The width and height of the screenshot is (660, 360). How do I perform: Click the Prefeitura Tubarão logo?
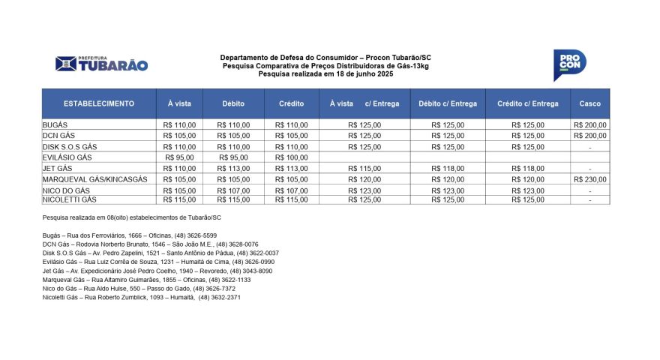click(x=101, y=64)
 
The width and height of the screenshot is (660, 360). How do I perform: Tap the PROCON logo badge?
click(x=569, y=65)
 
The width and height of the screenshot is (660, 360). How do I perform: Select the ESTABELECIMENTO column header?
click(x=99, y=103)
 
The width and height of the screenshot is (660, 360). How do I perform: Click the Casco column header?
click(x=590, y=103)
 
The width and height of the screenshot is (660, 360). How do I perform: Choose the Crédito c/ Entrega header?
click(x=528, y=103)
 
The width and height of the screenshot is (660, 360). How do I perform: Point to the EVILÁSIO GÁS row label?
click(x=67, y=157)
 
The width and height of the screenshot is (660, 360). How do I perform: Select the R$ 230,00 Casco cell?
click(x=590, y=180)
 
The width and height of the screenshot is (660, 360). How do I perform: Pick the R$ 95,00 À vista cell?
click(x=179, y=157)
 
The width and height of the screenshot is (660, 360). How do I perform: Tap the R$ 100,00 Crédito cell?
click(x=292, y=157)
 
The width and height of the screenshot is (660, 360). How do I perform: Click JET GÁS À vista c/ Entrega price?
click(x=365, y=169)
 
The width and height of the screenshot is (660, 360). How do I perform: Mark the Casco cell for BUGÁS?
click(x=590, y=125)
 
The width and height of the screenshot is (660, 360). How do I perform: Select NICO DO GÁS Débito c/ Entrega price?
click(x=448, y=191)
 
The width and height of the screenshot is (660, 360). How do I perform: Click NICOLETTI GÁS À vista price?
click(x=179, y=200)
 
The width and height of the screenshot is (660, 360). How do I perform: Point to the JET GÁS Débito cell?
click(x=233, y=169)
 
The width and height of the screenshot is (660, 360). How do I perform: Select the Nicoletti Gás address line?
click(x=142, y=298)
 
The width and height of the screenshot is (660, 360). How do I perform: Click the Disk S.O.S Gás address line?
click(x=160, y=253)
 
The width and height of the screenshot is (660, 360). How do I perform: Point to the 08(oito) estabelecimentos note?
click(x=132, y=217)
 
